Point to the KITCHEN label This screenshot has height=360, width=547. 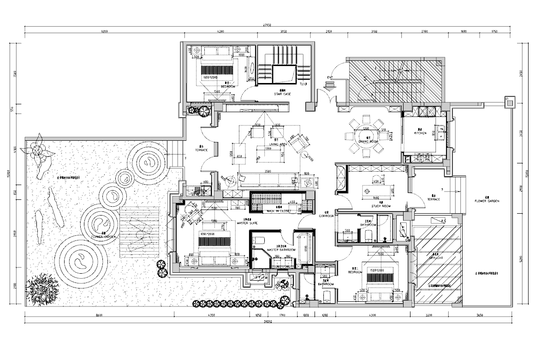click(x=420, y=133)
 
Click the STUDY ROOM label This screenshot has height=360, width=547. click(x=381, y=206)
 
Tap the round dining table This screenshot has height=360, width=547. click(x=368, y=134)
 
